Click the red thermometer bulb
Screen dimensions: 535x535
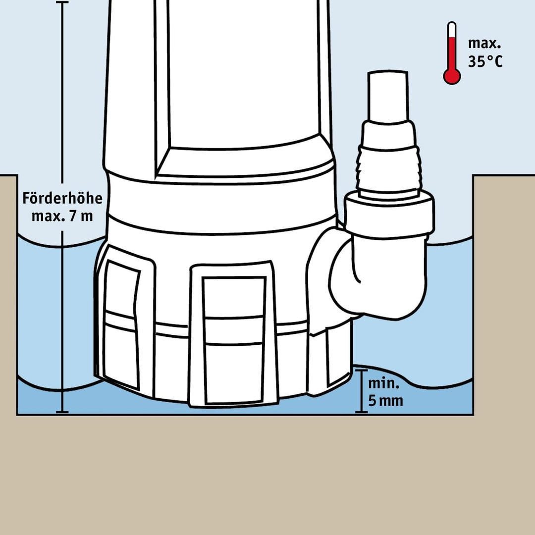[452, 76]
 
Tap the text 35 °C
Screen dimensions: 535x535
[485, 62]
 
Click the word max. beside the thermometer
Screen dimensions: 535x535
[484, 44]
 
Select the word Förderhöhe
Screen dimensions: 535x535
[62, 198]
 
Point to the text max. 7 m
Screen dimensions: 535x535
[62, 216]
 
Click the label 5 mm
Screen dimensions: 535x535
[385, 401]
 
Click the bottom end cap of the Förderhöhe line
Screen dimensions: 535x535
[62, 412]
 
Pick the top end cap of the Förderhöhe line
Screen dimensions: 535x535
[62, 2]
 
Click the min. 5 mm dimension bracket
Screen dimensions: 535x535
[361, 391]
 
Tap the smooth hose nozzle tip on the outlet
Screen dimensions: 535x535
[388, 96]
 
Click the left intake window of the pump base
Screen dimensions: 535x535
[121, 324]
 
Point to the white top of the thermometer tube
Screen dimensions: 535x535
[452, 30]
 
